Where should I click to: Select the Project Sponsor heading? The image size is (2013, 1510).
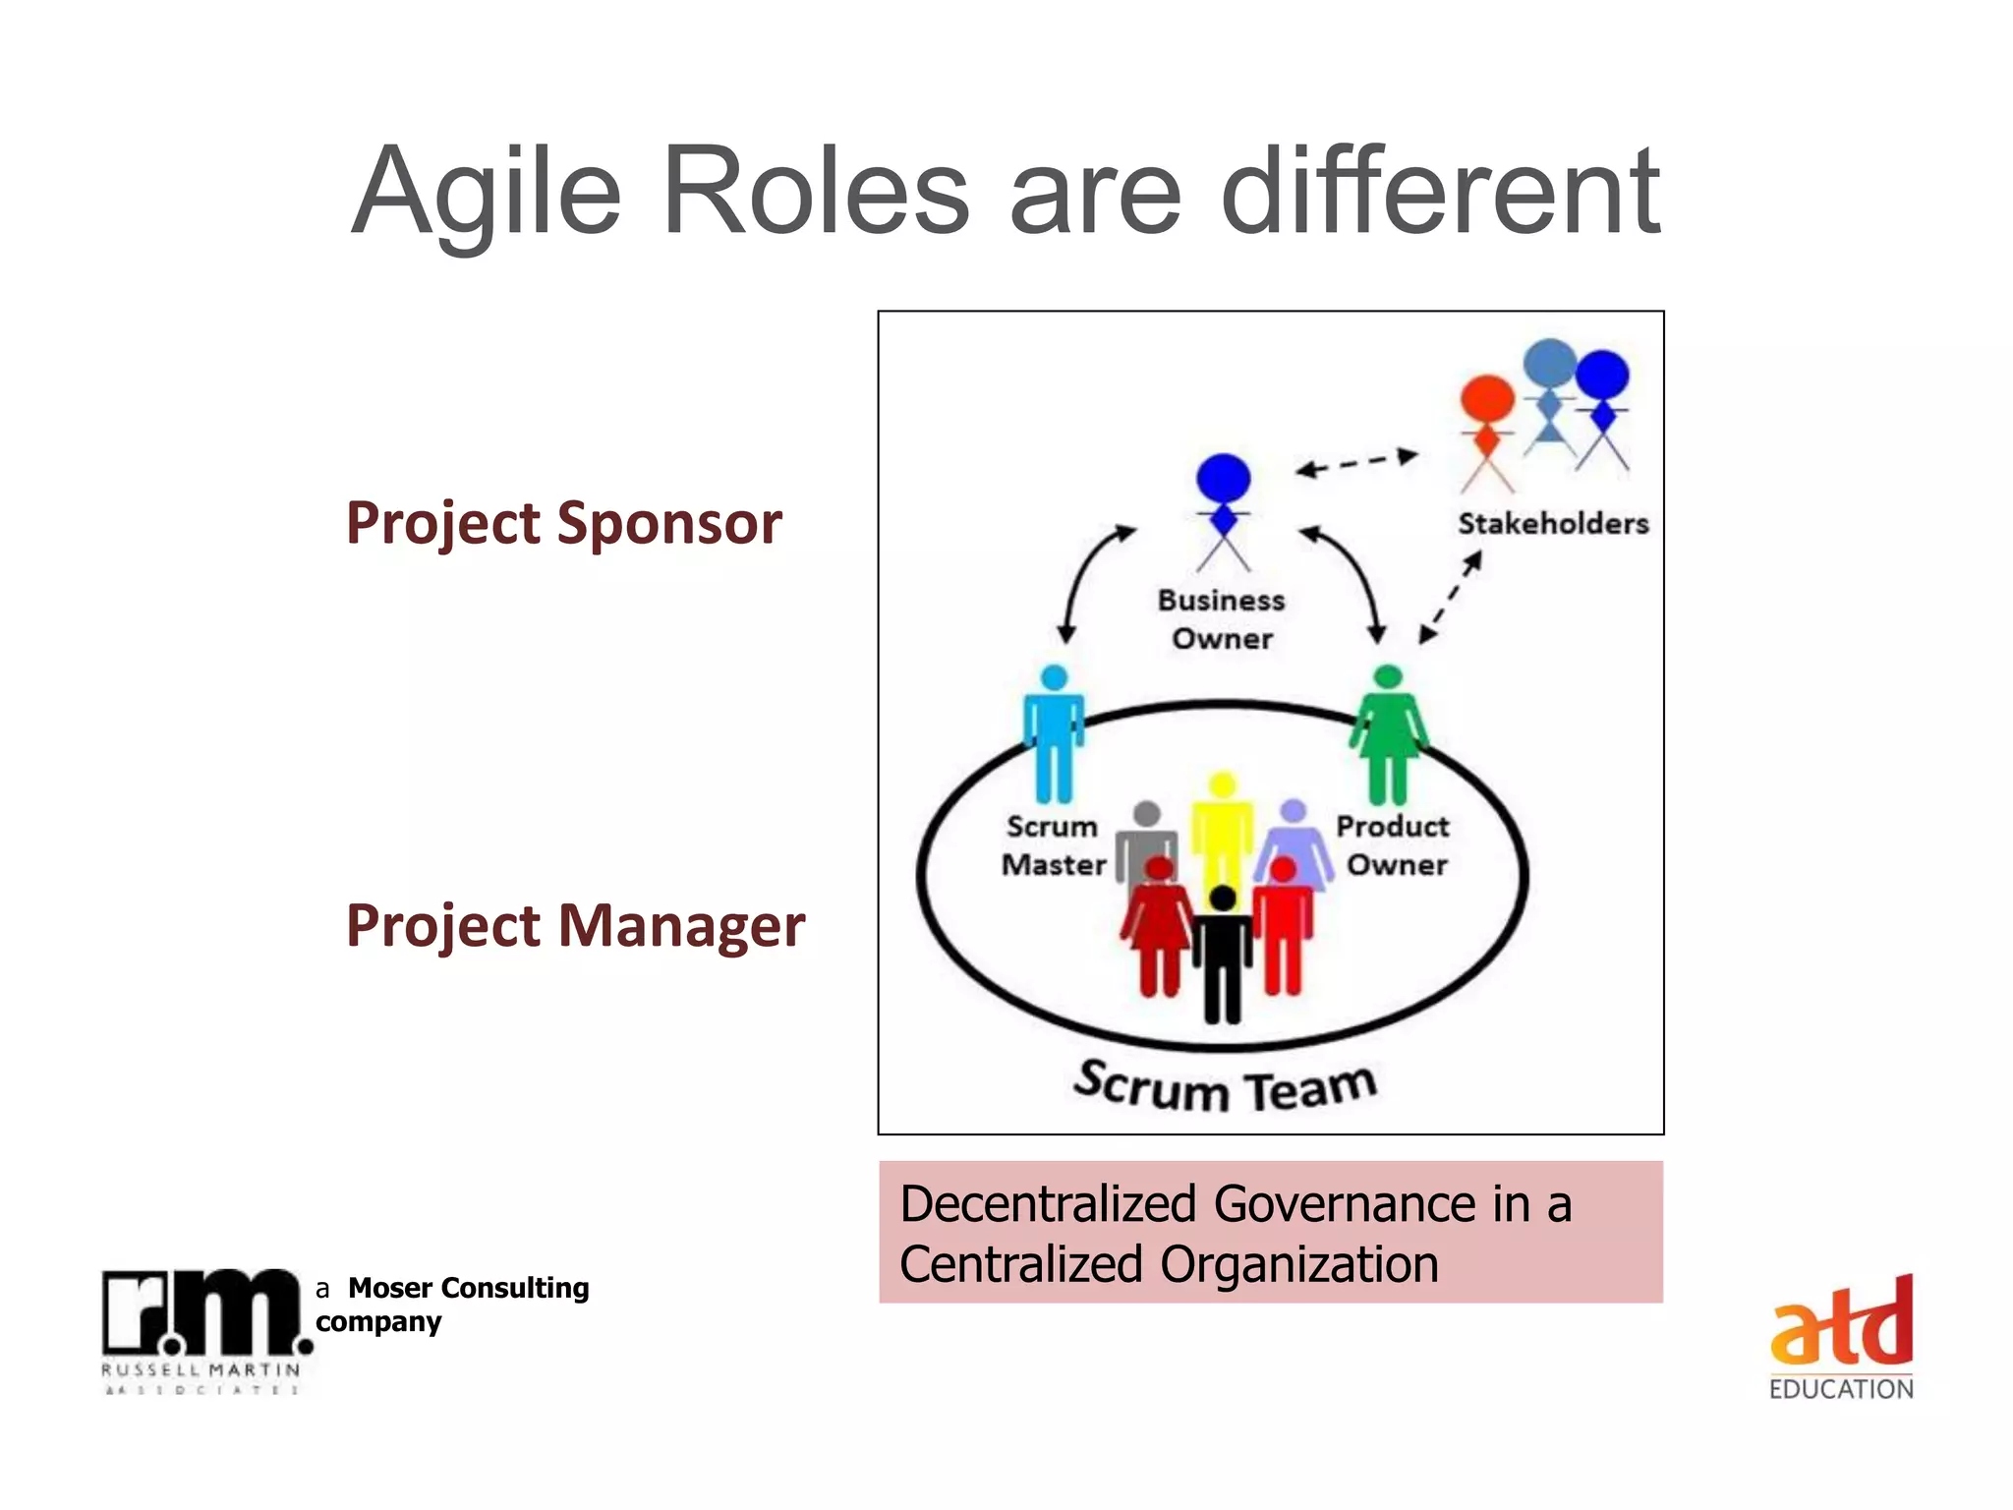point(563,522)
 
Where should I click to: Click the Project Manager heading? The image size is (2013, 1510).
point(575,925)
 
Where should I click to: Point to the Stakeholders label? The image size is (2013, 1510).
point(1552,524)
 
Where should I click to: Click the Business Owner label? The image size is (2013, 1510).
point(1222,619)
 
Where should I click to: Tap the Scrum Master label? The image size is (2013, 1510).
point(1053,845)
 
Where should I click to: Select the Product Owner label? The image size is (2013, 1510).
point(1394,845)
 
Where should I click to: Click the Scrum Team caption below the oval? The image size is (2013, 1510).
point(1224,1087)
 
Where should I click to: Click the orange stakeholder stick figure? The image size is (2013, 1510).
point(1486,428)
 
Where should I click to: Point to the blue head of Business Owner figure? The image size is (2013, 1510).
point(1223,478)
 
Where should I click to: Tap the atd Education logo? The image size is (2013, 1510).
point(1841,1338)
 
